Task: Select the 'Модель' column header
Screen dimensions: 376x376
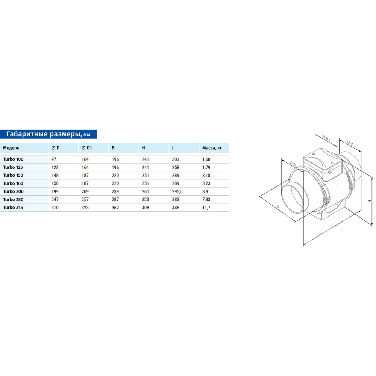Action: pyautogui.click(x=11, y=148)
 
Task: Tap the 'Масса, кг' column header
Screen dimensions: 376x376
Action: pyautogui.click(x=212, y=148)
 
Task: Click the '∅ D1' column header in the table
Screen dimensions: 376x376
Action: pyautogui.click(x=87, y=148)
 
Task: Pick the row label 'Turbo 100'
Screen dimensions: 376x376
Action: pyautogui.click(x=13, y=159)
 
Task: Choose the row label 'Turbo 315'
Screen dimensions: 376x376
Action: pyautogui.click(x=13, y=208)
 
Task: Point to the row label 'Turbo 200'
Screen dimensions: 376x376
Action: pyautogui.click(x=13, y=191)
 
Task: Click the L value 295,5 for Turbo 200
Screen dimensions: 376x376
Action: pyautogui.click(x=177, y=192)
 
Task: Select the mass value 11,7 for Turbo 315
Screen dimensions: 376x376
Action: pyautogui.click(x=206, y=208)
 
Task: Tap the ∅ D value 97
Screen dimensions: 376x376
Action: pyautogui.click(x=54, y=159)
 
